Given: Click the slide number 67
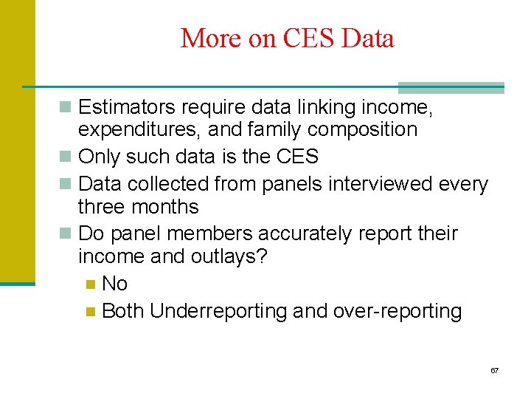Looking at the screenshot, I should click(x=494, y=369).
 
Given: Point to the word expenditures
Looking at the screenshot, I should click(x=139, y=130).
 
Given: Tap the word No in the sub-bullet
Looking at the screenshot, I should click(x=114, y=284).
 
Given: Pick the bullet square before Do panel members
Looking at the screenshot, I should click(x=66, y=234).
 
